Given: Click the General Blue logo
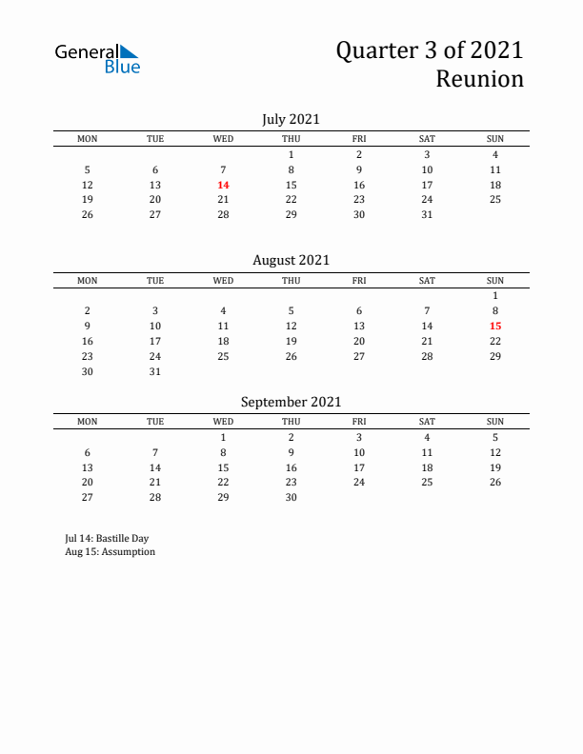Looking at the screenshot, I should pos(97,58).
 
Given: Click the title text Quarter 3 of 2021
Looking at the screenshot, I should pos(429,50).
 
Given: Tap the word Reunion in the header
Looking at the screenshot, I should pos(479,79).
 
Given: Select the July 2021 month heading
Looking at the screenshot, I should pos(291,119).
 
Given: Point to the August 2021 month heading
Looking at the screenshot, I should pos(291,260).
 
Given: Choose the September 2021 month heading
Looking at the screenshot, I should pos(291,402).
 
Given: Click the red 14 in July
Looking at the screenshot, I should pos(223,185).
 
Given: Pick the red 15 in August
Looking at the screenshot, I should pos(495,326).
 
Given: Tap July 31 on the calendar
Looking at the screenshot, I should pos(427,215).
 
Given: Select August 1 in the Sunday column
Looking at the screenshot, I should pos(495,295).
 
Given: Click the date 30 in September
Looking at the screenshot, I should pos(291,498).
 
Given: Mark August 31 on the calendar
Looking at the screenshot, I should pos(155,372).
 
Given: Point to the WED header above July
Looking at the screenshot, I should pos(223,139).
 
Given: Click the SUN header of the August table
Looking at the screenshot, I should pos(495,281).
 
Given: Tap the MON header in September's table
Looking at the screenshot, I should pos(88,422).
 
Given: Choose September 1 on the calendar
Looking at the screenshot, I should pos(223,437).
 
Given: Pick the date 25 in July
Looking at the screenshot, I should pos(495,200).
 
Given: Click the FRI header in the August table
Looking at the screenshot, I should pos(359,281).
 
